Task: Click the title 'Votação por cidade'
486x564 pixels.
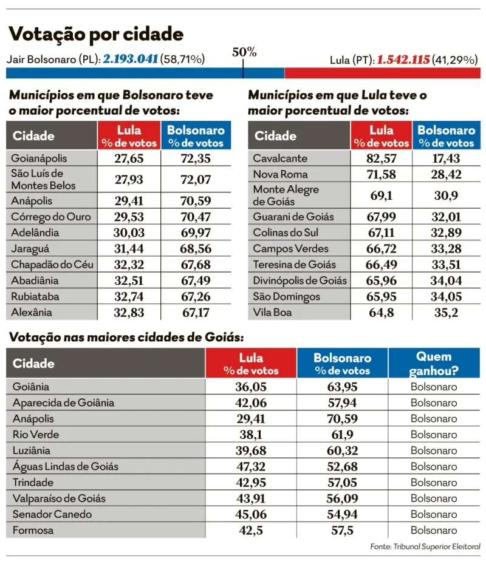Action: (96, 34)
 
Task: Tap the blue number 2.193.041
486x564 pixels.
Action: (131, 59)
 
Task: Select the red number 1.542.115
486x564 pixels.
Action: (403, 59)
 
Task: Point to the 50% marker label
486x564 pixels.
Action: (244, 52)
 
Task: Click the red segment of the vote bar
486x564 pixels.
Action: (382, 73)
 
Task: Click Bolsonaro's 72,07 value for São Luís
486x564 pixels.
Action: (196, 179)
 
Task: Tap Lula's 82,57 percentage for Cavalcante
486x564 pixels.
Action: (382, 158)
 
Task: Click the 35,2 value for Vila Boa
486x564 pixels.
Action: (446, 313)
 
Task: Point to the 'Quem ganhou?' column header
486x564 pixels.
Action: (434, 363)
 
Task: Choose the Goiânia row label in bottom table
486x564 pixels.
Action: (31, 387)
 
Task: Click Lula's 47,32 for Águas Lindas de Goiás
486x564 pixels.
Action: (251, 466)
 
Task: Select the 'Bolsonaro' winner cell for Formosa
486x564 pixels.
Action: (434, 530)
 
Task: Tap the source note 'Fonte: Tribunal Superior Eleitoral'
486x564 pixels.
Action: (425, 547)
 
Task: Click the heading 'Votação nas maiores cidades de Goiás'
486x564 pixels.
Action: (126, 338)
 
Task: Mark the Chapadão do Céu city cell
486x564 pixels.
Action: (52, 264)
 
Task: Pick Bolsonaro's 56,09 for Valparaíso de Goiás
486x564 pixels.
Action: (343, 498)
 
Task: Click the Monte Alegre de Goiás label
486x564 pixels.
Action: (286, 195)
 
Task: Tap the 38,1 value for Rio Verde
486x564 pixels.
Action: (251, 435)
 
